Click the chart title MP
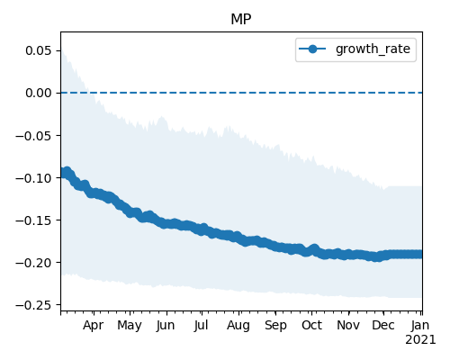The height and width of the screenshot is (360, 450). (x=241, y=20)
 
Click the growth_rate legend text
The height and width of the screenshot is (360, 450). (x=373, y=49)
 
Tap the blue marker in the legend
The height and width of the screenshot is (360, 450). (x=312, y=49)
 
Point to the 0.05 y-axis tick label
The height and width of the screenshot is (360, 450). (x=39, y=50)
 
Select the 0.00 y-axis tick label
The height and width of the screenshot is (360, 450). (x=39, y=93)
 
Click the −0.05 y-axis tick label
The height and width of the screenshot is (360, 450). (x=34, y=136)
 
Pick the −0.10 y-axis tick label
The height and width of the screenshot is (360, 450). (x=34, y=178)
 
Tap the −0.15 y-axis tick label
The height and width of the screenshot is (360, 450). (x=34, y=220)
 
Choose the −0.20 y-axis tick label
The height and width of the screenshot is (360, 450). (x=34, y=263)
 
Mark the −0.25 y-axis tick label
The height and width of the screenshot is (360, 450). (x=34, y=305)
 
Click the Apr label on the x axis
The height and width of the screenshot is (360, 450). (x=94, y=326)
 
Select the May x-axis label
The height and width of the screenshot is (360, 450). (x=130, y=326)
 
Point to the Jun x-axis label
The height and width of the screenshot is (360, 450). (x=166, y=326)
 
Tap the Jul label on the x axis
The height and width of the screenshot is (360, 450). (x=201, y=326)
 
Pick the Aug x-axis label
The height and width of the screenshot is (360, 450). (x=238, y=326)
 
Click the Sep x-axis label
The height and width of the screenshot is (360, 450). (x=275, y=326)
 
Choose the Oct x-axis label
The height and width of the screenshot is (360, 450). (x=312, y=326)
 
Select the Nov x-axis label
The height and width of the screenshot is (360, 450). (x=348, y=326)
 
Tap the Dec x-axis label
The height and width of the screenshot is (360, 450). (x=383, y=326)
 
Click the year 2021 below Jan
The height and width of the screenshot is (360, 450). (x=420, y=340)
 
